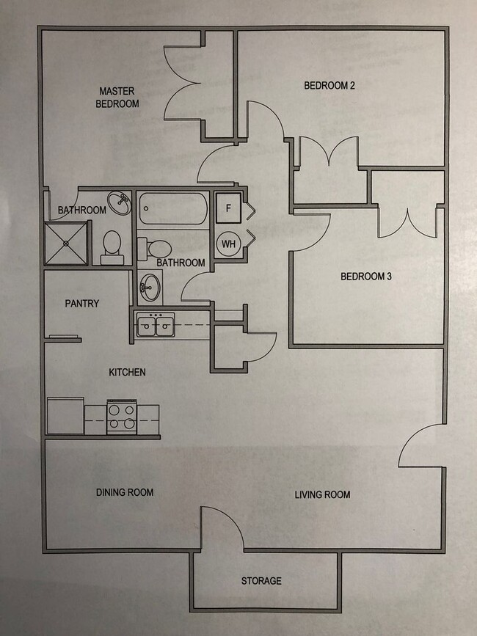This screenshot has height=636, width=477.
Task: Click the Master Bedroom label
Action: pos(117,98)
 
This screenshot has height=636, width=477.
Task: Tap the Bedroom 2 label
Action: pos(329,86)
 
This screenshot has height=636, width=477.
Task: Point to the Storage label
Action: pos(261,581)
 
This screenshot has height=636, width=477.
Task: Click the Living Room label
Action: pos(322,494)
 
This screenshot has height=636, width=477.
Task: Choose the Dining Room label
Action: pos(125,492)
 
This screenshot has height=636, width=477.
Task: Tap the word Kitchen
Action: pos(127,373)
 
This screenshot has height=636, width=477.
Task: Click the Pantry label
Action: pos(81,304)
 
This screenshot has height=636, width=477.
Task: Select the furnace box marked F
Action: pos(228,208)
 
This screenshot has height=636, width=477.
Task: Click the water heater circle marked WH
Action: pos(228,243)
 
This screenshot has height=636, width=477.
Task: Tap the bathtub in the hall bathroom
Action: pos(172,209)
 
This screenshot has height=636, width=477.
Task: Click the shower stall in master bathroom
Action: pos(67,242)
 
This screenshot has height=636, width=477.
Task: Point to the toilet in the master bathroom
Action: pos(112,246)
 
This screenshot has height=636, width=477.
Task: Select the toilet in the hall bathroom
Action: pos(156,247)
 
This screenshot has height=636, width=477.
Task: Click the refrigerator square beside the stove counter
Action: pos(65,416)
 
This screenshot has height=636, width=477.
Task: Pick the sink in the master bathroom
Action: pos(118,201)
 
